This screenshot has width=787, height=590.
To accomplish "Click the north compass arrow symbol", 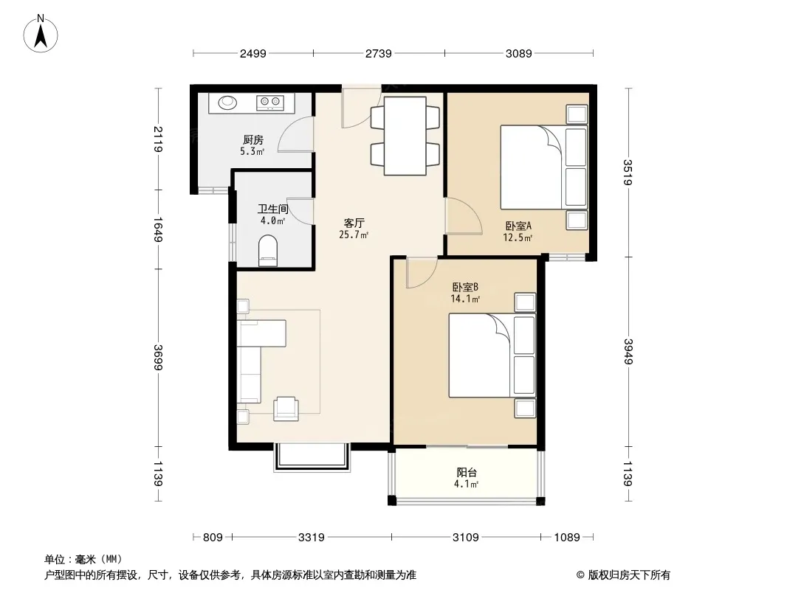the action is point(41,35).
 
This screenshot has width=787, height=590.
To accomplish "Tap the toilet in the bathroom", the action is point(267,251).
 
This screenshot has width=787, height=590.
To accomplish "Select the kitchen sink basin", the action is point(227,103).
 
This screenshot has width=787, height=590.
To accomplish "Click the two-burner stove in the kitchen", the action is point(270,103).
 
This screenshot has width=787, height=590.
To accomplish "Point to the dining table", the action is point(405,136).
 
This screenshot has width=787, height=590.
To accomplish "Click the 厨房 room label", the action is point(253,140).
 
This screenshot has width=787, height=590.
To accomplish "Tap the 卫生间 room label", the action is point(272,209).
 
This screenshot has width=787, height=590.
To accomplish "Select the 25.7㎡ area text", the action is point(354,235).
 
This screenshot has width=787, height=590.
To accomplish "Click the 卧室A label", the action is point(518,226).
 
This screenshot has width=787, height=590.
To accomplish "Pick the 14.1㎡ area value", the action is point(465,299).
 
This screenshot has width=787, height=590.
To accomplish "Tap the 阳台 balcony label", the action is point(467,472).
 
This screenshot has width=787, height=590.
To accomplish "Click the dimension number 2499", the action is point(253,54).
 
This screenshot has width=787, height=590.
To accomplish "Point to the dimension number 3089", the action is point(518,54).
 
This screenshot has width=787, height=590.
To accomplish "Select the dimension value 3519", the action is point(628,172).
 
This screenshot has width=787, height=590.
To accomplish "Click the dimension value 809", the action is point(213,538).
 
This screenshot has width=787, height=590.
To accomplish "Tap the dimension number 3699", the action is point(158,358).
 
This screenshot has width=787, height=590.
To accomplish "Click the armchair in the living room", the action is point(286,409).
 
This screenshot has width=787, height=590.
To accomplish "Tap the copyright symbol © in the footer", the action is point(581,575).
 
